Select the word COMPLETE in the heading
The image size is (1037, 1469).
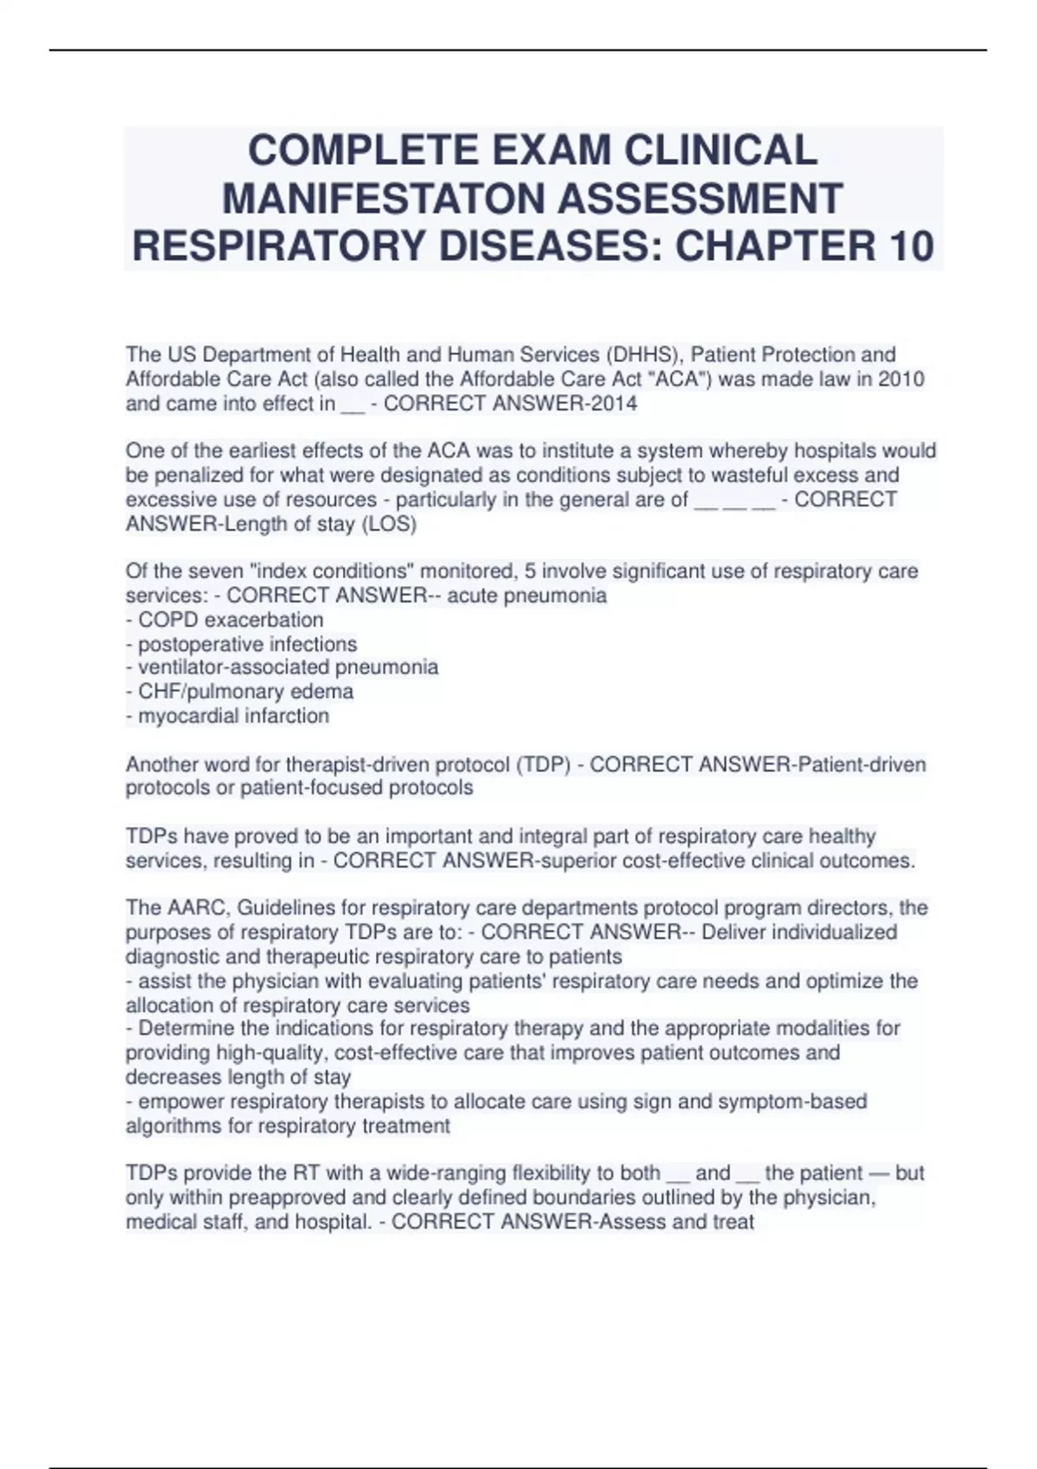tap(363, 149)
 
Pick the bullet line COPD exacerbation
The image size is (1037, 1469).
tap(225, 620)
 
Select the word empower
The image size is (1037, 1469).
tap(177, 1102)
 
